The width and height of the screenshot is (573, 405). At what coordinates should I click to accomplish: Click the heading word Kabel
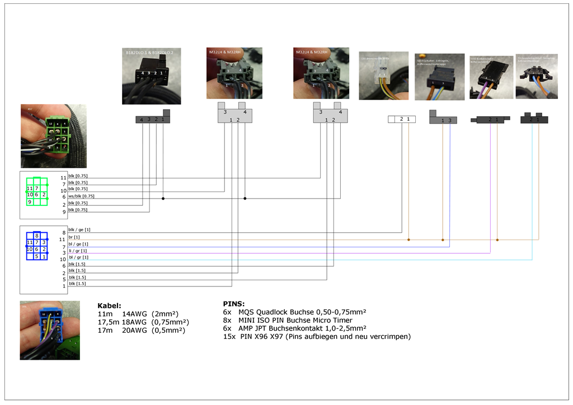pos(109,306)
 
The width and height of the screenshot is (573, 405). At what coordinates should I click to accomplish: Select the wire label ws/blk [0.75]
pos(81,196)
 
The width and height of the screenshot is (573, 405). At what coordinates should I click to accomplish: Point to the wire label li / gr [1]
pos(78,251)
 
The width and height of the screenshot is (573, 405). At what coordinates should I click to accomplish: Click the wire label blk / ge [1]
pos(79,230)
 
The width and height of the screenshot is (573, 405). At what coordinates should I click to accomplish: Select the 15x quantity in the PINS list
pos(228,336)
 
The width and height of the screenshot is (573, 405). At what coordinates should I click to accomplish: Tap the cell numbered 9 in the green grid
pos(30,201)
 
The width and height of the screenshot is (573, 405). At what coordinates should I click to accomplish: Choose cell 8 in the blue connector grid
pos(37,236)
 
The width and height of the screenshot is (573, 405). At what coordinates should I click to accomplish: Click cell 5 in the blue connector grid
pos(37,257)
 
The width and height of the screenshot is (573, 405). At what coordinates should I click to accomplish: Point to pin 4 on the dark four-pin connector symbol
pos(141,120)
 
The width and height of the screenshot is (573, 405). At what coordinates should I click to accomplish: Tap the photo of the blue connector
pos(50,330)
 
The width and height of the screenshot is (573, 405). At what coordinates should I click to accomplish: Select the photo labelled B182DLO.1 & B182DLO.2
pos(151,76)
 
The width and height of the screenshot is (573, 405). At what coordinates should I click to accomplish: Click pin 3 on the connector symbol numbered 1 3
pos(449,120)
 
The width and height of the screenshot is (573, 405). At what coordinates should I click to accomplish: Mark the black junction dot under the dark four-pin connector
pos(163,198)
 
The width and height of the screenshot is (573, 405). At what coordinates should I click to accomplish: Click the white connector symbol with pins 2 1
pos(402,119)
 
